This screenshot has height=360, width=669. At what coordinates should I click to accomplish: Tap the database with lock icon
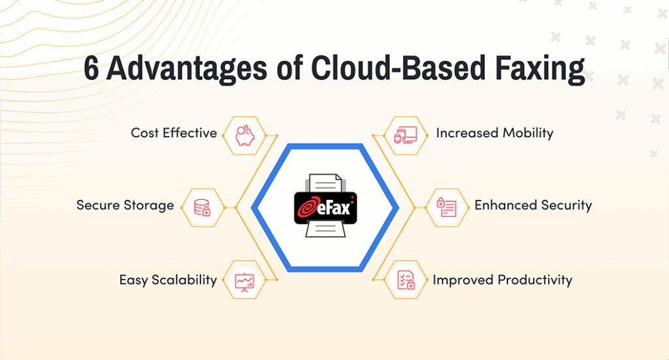202,207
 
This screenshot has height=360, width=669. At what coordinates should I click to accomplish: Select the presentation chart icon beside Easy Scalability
244,281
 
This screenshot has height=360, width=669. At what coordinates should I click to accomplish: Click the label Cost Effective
174,133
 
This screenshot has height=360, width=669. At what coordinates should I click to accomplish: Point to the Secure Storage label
125,205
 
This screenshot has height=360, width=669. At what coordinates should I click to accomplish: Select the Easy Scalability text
168,280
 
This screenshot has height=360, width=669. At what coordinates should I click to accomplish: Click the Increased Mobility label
495,133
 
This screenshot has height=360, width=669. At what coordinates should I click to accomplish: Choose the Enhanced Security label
533,205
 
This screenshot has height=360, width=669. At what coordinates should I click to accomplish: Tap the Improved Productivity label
502,280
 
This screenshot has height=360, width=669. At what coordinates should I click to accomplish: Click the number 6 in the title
92,69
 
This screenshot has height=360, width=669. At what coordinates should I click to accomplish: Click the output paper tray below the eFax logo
325,229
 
